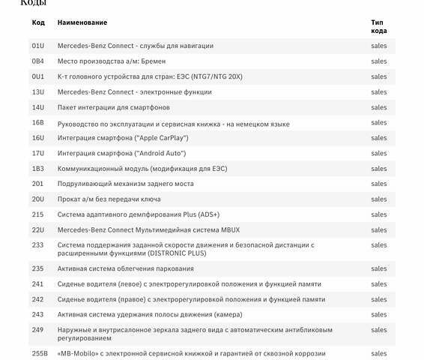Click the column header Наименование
[x=82, y=22]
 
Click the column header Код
[x=38, y=22]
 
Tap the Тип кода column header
[x=378, y=26]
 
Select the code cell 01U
[x=38, y=46]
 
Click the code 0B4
[x=38, y=61]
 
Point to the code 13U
[x=38, y=91]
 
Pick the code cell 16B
[x=38, y=122]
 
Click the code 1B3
[x=38, y=169]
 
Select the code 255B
[x=40, y=353]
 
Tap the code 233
[x=37, y=244]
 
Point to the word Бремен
[x=151, y=61]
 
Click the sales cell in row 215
[x=378, y=214]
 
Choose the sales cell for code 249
[x=378, y=330]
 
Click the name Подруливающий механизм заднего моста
[x=125, y=184]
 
